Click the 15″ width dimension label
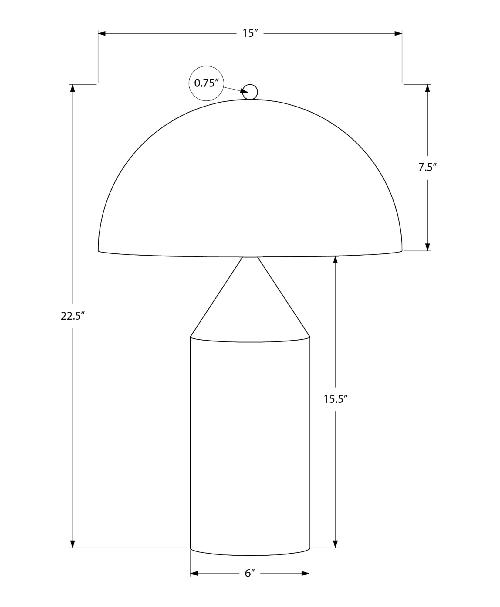250,33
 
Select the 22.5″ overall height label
72,316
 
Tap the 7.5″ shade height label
427,167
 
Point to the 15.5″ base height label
335,399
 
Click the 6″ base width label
250,573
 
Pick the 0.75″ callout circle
206,83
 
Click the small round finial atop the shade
250,92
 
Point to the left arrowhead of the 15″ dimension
102,33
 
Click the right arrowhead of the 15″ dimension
398,33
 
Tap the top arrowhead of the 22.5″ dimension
72,88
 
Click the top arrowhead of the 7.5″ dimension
428,88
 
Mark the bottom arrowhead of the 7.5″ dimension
428,247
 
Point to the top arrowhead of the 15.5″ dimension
335,260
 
